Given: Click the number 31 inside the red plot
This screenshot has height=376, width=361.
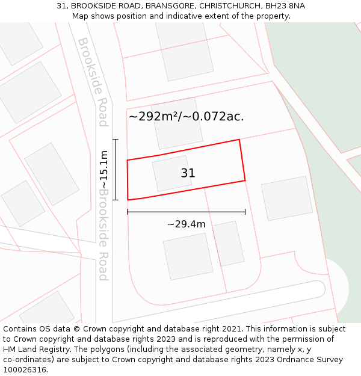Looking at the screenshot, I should point(188,173).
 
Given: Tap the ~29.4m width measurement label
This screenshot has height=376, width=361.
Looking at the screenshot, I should point(186,224).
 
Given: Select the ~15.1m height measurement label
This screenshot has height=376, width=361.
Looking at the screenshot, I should point(105,169).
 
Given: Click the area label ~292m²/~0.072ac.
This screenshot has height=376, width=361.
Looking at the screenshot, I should point(186,117).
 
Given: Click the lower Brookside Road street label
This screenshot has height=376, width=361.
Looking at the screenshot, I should point(103,235).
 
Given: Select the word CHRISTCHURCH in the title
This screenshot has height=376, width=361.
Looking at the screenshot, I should point(230,6).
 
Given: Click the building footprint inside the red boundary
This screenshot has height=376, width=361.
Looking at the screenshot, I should point(171,174).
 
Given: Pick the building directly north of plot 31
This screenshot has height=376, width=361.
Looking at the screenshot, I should point(176,123).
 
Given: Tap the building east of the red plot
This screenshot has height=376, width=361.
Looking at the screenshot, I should point(286,198).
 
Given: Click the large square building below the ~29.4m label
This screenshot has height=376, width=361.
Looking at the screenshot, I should point(188,256).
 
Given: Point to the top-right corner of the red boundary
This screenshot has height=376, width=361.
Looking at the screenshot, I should point(239,140).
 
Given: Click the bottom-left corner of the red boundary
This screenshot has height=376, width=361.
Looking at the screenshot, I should point(128,200).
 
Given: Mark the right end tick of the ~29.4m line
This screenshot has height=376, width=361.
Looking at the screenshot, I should point(245,212).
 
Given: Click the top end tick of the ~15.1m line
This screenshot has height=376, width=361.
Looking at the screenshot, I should point(116,140).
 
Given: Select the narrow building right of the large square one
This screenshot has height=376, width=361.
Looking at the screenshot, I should point(229,244).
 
